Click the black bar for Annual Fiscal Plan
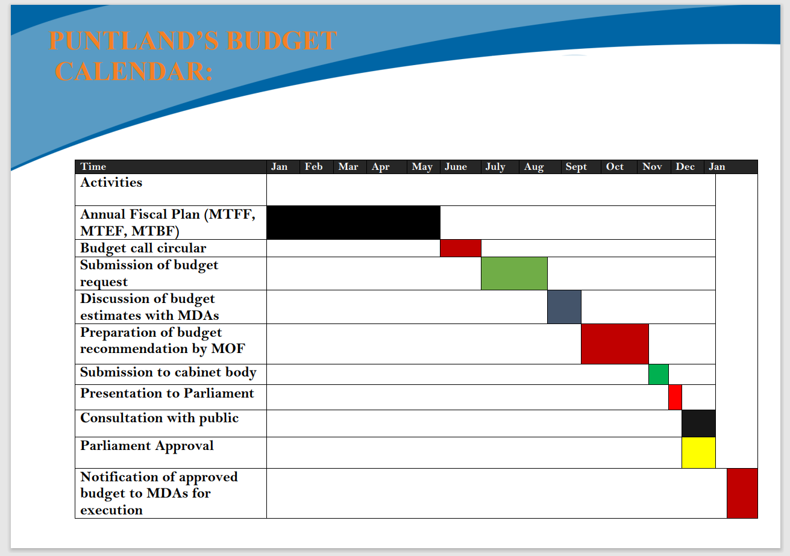click(353, 222)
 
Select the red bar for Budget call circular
click(460, 248)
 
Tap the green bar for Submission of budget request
click(514, 273)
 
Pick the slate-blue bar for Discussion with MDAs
click(564, 307)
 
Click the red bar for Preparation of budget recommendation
click(615, 344)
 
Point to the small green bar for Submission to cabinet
click(659, 375)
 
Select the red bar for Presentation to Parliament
click(675, 398)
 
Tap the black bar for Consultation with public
click(698, 423)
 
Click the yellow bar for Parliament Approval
click(698, 453)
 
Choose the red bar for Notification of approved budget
click(742, 493)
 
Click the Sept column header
click(576, 167)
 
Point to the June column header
click(456, 166)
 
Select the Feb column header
click(313, 166)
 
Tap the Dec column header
click(685, 166)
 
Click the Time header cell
click(93, 166)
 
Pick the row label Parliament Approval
click(146, 446)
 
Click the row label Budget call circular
click(143, 249)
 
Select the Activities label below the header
click(111, 183)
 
